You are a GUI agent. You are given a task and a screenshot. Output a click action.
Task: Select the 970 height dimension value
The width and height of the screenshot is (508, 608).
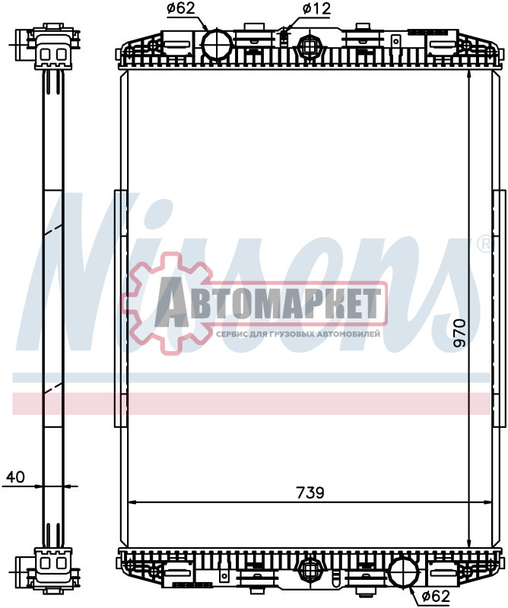tap(459, 333)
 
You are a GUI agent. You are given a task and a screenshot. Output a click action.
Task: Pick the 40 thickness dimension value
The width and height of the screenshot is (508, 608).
tap(15, 477)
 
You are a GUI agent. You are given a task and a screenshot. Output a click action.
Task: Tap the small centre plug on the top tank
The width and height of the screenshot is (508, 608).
tap(309, 46)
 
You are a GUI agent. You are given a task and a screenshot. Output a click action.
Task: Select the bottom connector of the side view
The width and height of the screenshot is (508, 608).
tap(52, 567)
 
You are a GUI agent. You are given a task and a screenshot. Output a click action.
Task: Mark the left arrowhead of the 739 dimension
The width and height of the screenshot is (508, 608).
tap(131, 502)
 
